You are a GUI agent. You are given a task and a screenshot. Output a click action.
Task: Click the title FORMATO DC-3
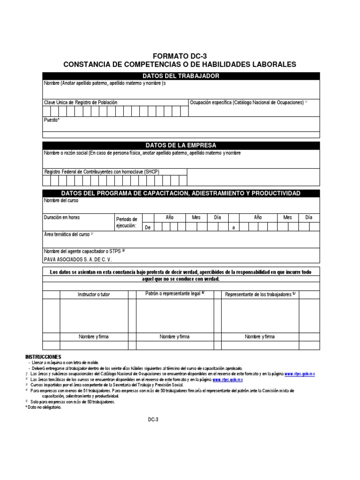pyautogui.click(x=180, y=56)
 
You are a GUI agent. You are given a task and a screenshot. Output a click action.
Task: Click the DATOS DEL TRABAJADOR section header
pyautogui.click(x=181, y=76)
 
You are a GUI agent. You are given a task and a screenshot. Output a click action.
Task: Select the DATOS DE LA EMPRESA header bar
pyautogui.click(x=181, y=145)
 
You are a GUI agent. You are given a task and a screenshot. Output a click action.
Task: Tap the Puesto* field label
pyautogui.click(x=52, y=120)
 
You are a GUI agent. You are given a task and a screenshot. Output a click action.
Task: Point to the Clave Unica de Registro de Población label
pyautogui.click(x=81, y=102)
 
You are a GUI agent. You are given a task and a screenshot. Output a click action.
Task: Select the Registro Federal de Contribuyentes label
pyautogui.click(x=102, y=172)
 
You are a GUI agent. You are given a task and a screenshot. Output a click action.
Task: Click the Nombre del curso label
pyautogui.click(x=61, y=201)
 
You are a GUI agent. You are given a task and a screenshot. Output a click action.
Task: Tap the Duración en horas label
pyautogui.click(x=62, y=217)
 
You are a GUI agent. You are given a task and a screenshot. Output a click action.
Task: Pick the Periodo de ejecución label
pyautogui.click(x=127, y=223)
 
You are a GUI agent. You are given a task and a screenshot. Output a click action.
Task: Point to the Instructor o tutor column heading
pyautogui.click(x=94, y=294)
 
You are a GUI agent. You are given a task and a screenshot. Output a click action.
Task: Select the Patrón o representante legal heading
pyautogui.click(x=175, y=293)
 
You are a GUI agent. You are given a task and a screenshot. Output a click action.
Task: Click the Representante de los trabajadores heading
pyautogui.click(x=260, y=294)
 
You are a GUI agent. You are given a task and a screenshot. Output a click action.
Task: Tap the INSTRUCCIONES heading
pyautogui.click(x=43, y=357)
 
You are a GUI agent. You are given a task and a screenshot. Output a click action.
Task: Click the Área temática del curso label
pyautogui.click(x=68, y=234)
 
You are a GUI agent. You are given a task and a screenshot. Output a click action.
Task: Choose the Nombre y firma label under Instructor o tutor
pyautogui.click(x=94, y=337)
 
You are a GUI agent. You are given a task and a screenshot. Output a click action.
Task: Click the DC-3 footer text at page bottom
pyautogui.click(x=153, y=420)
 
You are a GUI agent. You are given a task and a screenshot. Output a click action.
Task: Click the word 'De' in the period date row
pyautogui.click(x=148, y=227)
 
